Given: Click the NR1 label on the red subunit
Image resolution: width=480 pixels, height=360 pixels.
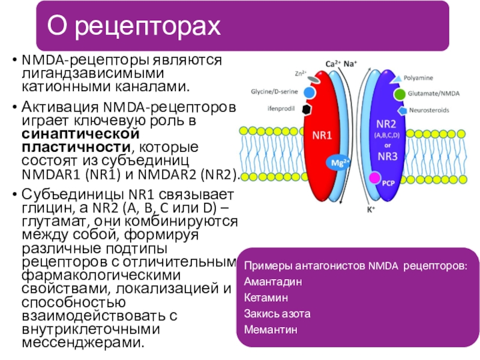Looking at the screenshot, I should pyautogui.click(x=322, y=136).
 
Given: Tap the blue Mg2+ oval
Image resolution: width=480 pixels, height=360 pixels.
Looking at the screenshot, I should pyautogui.click(x=338, y=162).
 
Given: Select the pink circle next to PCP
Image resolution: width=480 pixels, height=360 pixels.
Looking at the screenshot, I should pyautogui.click(x=374, y=178).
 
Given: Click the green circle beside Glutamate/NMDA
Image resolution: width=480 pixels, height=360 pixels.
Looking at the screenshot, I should pyautogui.click(x=399, y=94).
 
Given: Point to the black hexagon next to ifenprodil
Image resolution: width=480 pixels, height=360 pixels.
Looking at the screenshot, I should pyautogui.click(x=306, y=109).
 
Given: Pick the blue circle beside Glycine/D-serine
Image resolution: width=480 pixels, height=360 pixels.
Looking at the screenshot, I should pyautogui.click(x=310, y=93).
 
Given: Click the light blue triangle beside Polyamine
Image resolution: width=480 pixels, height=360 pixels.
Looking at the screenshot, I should pyautogui.click(x=395, y=79).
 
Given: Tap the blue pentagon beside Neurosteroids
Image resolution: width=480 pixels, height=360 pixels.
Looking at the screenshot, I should pyautogui.click(x=400, y=110).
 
